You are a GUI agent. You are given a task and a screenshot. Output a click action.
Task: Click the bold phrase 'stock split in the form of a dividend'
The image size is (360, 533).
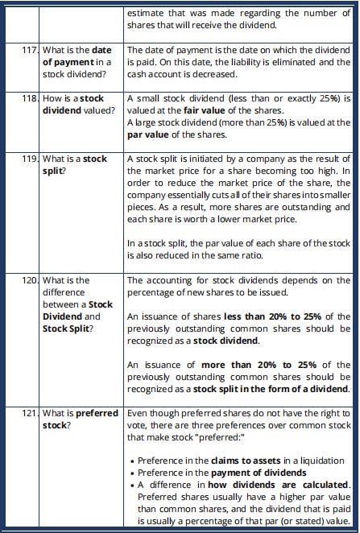coord(271,389)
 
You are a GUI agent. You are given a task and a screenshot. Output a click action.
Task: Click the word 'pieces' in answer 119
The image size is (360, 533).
coord(143,205)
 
